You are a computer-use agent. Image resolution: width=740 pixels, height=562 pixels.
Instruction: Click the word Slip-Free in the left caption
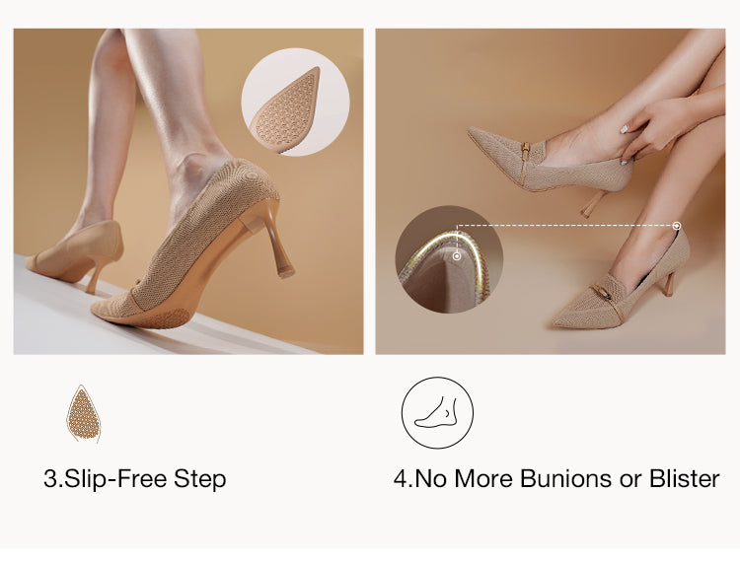115,478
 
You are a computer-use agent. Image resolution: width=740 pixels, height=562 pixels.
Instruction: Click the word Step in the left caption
200,479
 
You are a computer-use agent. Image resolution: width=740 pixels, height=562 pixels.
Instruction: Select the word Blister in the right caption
685,478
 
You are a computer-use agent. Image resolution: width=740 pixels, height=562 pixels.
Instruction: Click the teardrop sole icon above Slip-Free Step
84,414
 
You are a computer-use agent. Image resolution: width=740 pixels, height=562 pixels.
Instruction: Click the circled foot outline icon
437,412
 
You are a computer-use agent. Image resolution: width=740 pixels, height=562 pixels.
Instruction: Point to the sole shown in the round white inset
285,109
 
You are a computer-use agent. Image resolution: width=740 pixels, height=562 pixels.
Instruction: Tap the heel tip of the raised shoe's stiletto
285,272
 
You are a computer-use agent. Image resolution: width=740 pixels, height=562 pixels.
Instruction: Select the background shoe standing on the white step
76,254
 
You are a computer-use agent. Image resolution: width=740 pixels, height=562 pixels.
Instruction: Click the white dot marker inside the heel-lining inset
457,256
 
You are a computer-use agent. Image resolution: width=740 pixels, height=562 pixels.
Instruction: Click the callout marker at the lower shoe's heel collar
677,226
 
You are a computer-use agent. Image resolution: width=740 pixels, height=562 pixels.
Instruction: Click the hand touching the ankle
656,130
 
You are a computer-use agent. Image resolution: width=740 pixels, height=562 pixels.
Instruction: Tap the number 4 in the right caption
400,478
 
